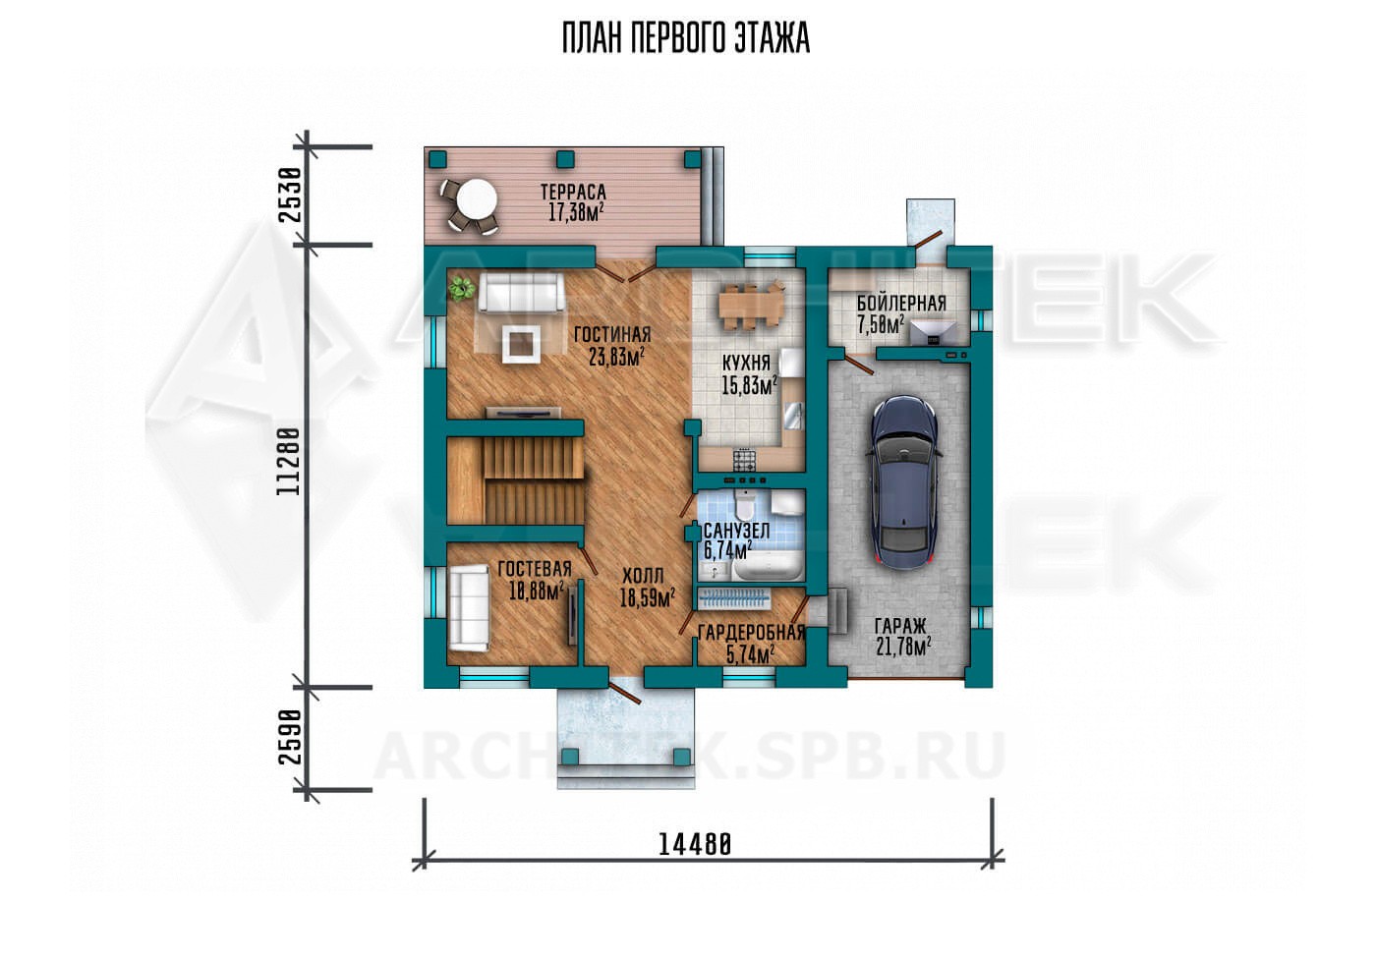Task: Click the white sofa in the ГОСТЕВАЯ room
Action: pos(470,608)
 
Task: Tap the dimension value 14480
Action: pos(695,845)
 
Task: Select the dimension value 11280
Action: pos(288,462)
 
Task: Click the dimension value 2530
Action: pos(291,195)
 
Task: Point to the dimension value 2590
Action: pos(291,737)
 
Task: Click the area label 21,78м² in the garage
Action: pos(903,647)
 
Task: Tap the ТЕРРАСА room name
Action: pos(573,193)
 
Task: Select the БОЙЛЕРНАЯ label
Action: pos(901,304)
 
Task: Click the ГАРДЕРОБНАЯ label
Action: pos(751,633)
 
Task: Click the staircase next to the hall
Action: pos(515,480)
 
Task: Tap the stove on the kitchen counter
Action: pos(745,459)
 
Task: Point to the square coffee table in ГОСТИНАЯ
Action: pos(522,344)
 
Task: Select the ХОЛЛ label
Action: pos(643,576)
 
